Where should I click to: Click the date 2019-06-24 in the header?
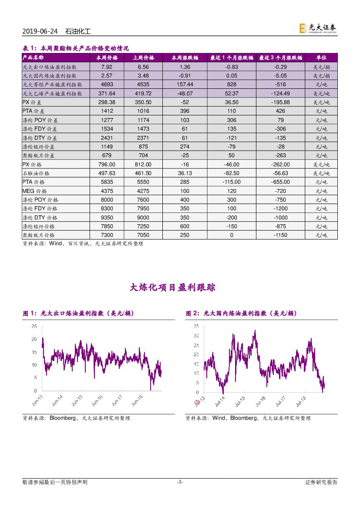pyautogui.click(x=40, y=32)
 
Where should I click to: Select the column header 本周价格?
pyautogui.click(x=107, y=57)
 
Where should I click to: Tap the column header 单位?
pyautogui.click(x=321, y=57)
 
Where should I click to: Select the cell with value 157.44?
pyautogui.click(x=185, y=84)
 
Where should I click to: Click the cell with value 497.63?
pyautogui.click(x=107, y=173)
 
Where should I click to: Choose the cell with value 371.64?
pyautogui.click(x=107, y=93)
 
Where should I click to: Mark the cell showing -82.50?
pyautogui.click(x=231, y=173)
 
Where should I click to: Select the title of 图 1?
pyautogui.click(x=78, y=313)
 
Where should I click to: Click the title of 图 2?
pyautogui.click(x=241, y=313)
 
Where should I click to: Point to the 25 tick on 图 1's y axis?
pyautogui.click(x=34, y=327)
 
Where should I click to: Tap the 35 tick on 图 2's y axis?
pyautogui.click(x=196, y=326)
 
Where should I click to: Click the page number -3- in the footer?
pyautogui.click(x=180, y=482)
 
